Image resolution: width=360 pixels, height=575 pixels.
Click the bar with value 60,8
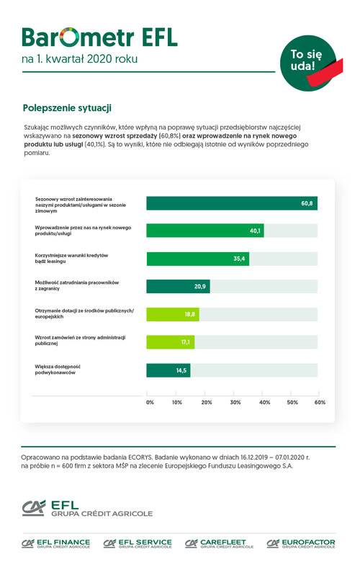click(x=232, y=203)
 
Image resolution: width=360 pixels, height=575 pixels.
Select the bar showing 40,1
click(x=205, y=231)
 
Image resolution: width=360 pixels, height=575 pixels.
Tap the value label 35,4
click(x=239, y=259)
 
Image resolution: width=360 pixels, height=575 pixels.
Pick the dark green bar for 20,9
click(x=178, y=286)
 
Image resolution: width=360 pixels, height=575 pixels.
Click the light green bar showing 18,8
click(x=173, y=314)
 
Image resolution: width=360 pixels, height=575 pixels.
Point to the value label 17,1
click(x=186, y=342)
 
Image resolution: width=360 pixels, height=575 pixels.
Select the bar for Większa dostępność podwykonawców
click(x=168, y=370)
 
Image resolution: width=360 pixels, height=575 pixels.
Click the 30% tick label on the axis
click(x=235, y=402)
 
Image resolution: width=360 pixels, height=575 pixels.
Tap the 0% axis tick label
click(x=150, y=402)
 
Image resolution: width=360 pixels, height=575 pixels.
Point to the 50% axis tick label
click(x=292, y=402)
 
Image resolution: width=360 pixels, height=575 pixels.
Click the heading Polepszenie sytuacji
click(x=67, y=108)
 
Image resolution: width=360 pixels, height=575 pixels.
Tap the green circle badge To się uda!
click(x=308, y=63)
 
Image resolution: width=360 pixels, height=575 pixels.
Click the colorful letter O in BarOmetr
click(x=69, y=37)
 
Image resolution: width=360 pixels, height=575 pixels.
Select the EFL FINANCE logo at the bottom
click(x=55, y=543)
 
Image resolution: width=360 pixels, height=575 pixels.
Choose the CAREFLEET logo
click(x=219, y=543)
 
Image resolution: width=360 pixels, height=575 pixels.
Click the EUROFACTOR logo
click(x=301, y=543)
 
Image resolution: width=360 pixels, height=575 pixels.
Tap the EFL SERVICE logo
click(x=138, y=543)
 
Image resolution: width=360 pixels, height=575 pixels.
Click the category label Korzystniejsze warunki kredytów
click(x=71, y=256)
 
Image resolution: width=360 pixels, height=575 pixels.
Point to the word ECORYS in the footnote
click(x=140, y=458)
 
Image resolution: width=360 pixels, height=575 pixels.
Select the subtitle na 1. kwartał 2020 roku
click(x=79, y=59)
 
